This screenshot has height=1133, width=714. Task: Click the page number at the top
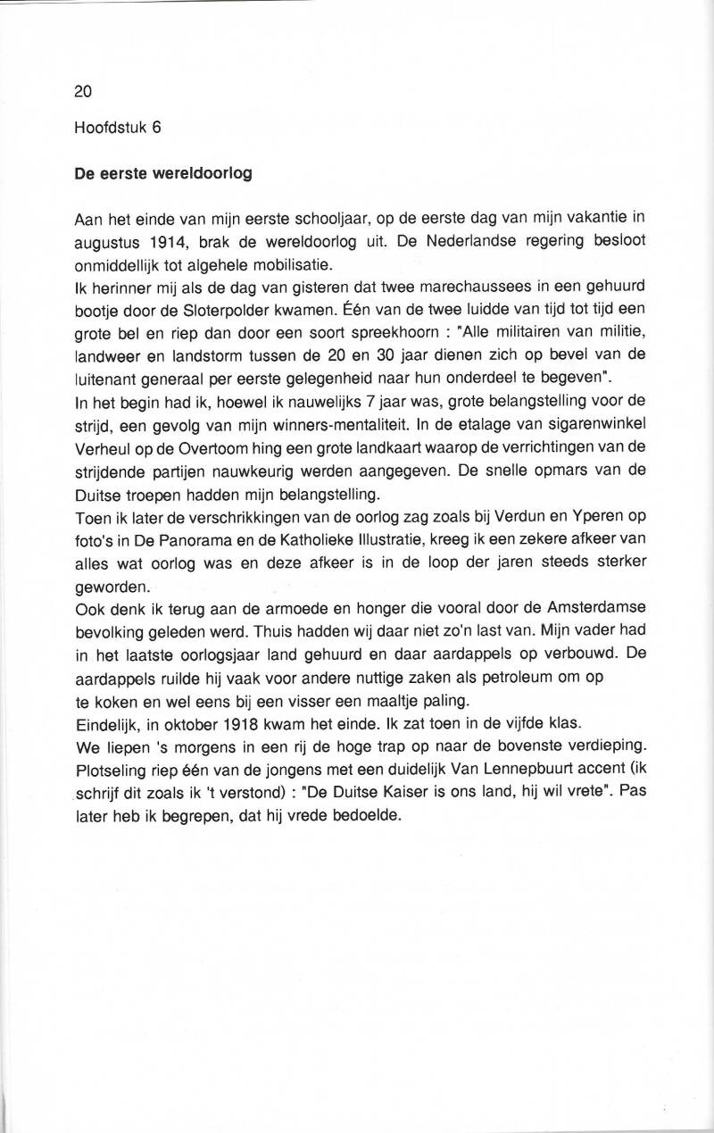tap(83, 91)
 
